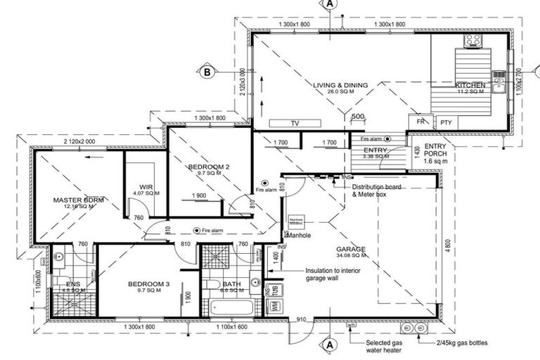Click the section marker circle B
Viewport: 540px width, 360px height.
(208, 71)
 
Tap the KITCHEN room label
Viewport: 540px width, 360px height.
(469, 85)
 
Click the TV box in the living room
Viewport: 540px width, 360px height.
(295, 123)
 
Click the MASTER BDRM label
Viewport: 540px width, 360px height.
(78, 200)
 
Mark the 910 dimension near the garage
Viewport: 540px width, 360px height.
(302, 320)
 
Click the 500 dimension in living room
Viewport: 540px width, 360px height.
(358, 115)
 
